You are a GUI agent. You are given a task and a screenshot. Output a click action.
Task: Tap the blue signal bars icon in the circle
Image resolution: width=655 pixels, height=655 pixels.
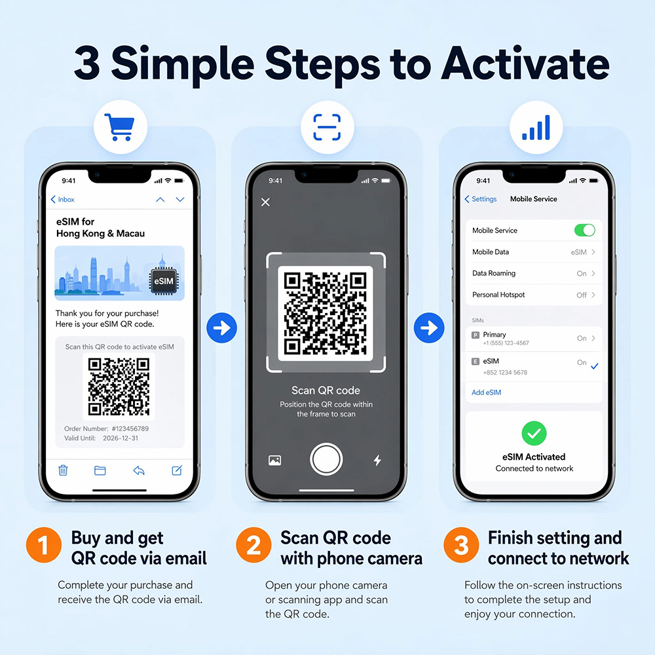536,128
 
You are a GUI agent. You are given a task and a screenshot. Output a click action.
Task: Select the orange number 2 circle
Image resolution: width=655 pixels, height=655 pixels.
253,545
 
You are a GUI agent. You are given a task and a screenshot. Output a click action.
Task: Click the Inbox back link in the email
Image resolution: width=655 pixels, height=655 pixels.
62,199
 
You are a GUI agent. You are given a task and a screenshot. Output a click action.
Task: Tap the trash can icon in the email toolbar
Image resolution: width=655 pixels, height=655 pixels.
63,470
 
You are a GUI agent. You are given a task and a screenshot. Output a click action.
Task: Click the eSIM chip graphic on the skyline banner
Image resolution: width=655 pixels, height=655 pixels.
163,281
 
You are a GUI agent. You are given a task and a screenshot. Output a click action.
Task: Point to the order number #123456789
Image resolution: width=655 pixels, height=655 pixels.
130,428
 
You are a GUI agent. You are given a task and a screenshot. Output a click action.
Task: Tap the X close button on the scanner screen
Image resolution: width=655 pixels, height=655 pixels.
265,202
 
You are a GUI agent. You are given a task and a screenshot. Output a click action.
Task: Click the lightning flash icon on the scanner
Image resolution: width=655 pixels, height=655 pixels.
377,460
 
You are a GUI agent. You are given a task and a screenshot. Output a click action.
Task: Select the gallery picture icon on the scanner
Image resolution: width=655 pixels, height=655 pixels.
274,460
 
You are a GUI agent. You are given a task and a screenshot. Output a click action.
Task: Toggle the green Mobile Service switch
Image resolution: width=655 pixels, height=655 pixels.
584,230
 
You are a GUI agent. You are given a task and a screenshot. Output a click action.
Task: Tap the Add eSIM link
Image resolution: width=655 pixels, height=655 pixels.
486,392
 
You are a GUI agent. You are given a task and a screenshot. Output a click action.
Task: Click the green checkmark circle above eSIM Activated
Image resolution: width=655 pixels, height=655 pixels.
534,433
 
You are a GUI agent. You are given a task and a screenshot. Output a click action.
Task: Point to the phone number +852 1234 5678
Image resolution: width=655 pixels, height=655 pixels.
505,372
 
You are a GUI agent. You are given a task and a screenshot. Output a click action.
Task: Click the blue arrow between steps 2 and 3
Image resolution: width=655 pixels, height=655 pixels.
429,328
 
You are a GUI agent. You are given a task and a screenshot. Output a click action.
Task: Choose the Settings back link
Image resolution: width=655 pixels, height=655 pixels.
480,199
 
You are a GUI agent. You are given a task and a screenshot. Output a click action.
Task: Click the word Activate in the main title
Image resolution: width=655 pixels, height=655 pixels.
525,64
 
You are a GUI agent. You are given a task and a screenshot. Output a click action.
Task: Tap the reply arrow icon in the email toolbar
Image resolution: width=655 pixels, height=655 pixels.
139,471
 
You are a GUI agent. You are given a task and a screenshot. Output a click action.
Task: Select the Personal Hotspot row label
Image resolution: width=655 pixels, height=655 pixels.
498,295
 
